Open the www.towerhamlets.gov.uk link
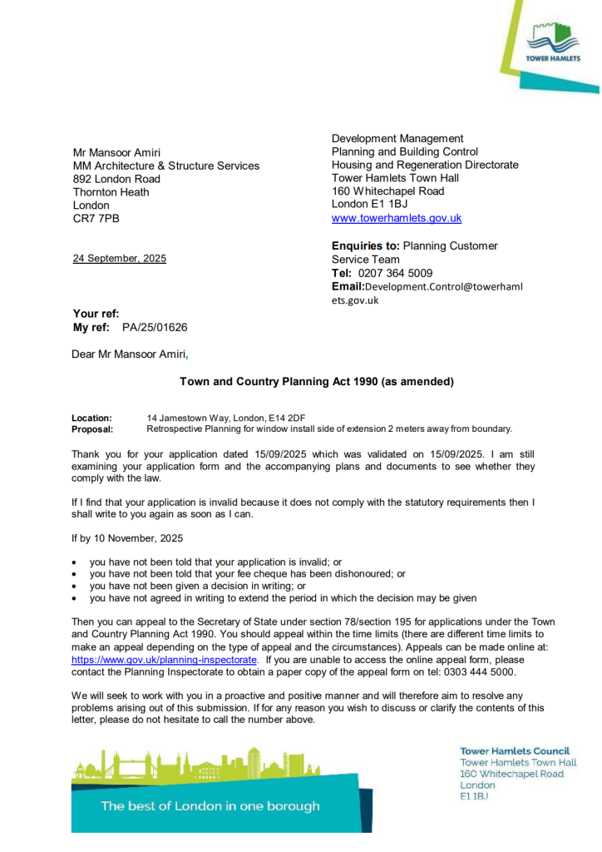[397, 218]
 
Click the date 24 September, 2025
[120, 259]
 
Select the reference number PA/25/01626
[149, 328]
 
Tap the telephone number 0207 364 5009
[395, 273]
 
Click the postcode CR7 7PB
[96, 219]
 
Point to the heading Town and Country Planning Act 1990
[317, 382]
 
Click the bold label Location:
[91, 418]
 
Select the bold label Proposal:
[92, 429]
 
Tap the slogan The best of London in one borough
[210, 805]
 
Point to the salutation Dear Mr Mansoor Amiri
[131, 354]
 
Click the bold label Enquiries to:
[366, 246]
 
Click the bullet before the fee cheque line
[76, 574]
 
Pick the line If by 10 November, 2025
[127, 538]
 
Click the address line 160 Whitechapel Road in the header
[388, 191]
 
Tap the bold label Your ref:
[96, 314]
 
